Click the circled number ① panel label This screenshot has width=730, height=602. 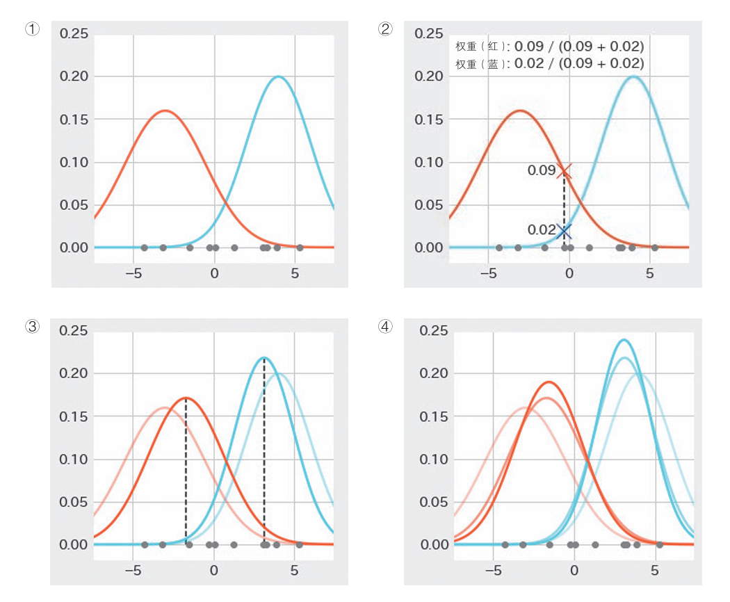pyautogui.click(x=32, y=29)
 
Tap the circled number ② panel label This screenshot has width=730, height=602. pyautogui.click(x=385, y=29)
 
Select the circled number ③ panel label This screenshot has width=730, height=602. pyautogui.click(x=32, y=326)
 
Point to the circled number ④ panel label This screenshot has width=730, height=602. pyautogui.click(x=385, y=326)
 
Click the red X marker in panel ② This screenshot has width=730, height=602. pyautogui.click(x=565, y=171)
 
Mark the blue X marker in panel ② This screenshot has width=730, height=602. pyautogui.click(x=564, y=231)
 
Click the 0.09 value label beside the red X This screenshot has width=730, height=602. pyautogui.click(x=542, y=170)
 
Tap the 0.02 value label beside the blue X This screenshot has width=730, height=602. pyautogui.click(x=542, y=229)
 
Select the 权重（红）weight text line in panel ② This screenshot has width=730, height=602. pyautogui.click(x=549, y=46)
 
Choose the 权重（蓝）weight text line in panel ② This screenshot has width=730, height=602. pyautogui.click(x=549, y=63)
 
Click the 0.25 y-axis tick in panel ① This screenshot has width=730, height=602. pyautogui.click(x=74, y=33)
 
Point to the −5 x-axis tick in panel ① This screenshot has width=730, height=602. pyautogui.click(x=133, y=273)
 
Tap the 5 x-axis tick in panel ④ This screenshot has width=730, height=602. pyautogui.click(x=655, y=570)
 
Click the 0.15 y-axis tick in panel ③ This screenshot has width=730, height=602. pyautogui.click(x=73, y=416)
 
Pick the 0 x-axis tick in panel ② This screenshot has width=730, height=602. pyautogui.click(x=569, y=273)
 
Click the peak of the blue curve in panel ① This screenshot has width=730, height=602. pyautogui.click(x=278, y=76)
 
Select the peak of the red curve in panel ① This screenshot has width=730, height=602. pyautogui.click(x=165, y=111)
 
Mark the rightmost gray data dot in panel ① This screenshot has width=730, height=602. pyautogui.click(x=300, y=247)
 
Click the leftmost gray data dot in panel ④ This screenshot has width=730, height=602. pyautogui.click(x=505, y=545)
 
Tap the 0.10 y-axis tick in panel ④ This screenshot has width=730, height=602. pyautogui.click(x=433, y=459)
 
